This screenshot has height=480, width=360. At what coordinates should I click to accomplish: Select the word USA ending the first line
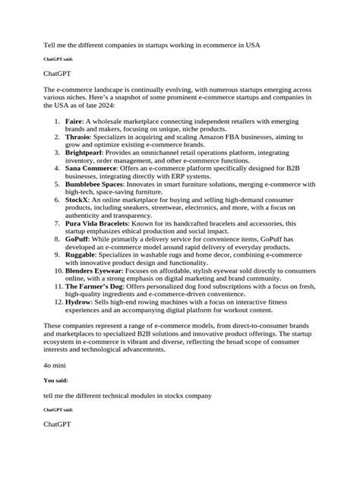coord(251,45)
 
